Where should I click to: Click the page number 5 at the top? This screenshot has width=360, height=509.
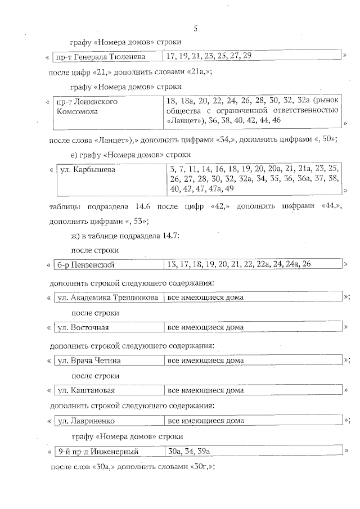[x=194, y=29]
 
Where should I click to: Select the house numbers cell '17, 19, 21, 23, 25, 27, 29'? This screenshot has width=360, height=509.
[x=209, y=56]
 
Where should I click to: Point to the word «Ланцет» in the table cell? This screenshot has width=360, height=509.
[x=187, y=121]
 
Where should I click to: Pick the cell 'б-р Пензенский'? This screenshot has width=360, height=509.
[x=87, y=264]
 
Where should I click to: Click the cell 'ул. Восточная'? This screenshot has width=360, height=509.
[x=84, y=327]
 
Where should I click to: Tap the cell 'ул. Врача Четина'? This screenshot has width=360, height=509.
[x=90, y=360]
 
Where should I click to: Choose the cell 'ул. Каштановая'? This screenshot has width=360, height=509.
[x=87, y=390]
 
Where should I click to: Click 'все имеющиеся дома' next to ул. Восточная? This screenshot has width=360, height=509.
[x=206, y=327]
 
